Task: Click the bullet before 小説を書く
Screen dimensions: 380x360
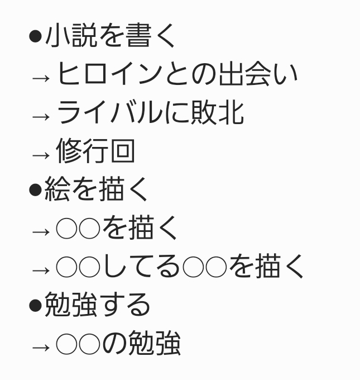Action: pos(35,37)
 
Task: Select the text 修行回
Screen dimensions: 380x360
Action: pos(95,151)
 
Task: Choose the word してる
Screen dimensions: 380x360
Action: pos(142,267)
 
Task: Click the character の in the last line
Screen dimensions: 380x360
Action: pos(114,344)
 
